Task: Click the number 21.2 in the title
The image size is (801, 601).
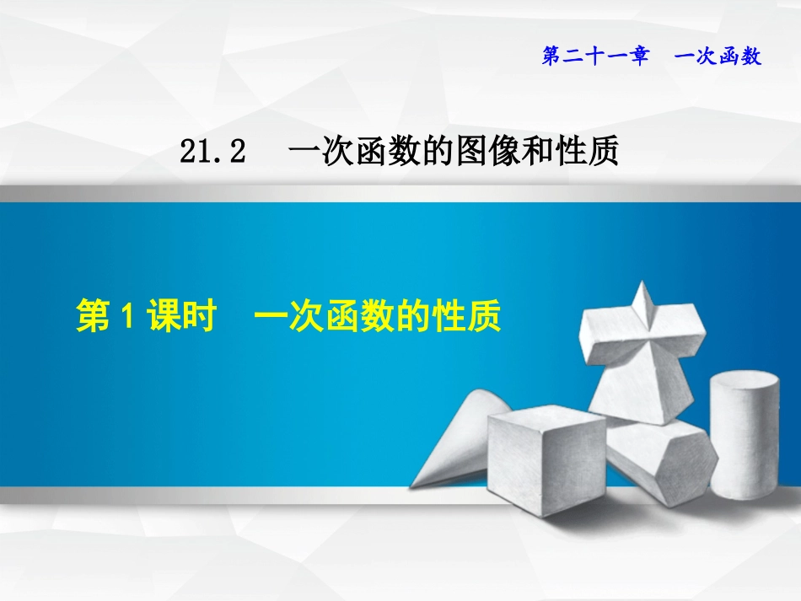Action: [x=212, y=153]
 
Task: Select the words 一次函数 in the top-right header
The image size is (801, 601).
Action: [x=719, y=56]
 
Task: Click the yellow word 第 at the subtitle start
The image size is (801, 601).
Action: [x=92, y=318]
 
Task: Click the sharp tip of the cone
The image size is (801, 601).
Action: [x=412, y=484]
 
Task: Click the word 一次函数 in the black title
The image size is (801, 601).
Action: [x=352, y=153]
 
